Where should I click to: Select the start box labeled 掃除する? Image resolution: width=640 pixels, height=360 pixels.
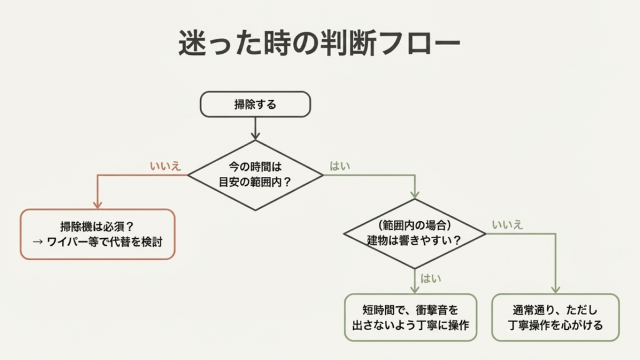tap(255, 104)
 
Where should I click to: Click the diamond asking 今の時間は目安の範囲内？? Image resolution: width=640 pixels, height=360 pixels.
tap(255, 175)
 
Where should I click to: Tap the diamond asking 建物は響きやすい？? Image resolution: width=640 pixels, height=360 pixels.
tap(414, 234)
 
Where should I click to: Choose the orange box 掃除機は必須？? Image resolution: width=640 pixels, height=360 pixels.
tap(97, 234)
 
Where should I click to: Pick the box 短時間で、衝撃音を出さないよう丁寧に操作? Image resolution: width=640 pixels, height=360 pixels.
tap(411, 317)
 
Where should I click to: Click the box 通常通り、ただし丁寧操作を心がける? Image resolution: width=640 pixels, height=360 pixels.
tap(556, 317)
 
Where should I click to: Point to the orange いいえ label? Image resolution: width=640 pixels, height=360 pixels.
tap(166, 166)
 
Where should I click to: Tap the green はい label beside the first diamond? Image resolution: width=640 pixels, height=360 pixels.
tap(340, 166)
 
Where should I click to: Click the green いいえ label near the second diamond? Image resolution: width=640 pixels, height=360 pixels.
tap(507, 224)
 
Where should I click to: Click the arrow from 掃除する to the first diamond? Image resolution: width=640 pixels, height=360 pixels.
tap(255, 128)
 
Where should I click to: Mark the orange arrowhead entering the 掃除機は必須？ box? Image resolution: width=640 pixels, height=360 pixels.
tap(97, 204)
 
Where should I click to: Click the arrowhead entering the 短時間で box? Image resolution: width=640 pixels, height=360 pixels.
tap(414, 289)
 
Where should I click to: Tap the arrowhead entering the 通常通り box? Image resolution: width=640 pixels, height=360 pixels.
tap(556, 289)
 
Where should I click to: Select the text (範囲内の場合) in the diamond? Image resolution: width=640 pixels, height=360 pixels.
tap(414, 225)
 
